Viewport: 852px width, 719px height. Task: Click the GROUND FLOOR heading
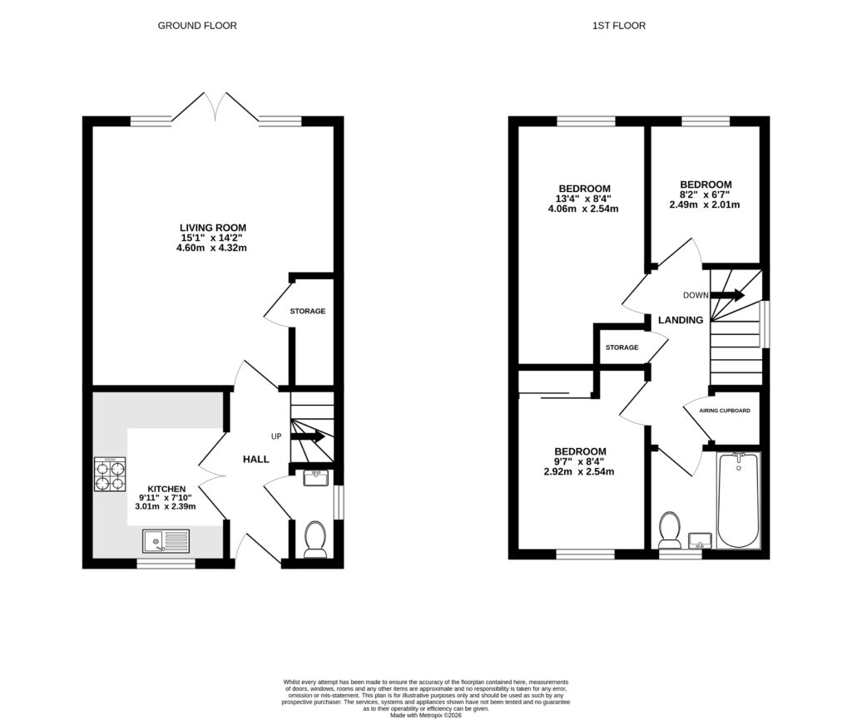click(197, 26)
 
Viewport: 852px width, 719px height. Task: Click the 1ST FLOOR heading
click(618, 26)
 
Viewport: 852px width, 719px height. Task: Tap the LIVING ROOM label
click(213, 227)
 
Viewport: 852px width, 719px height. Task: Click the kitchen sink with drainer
click(166, 542)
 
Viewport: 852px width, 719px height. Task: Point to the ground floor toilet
click(315, 538)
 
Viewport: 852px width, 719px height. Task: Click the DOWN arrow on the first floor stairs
click(727, 295)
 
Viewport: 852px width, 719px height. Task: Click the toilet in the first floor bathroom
click(669, 530)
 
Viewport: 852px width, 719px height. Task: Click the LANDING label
click(680, 320)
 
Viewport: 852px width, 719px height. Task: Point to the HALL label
click(255, 459)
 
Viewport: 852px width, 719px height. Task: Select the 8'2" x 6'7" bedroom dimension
click(705, 195)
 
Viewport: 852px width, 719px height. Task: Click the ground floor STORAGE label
click(307, 312)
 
